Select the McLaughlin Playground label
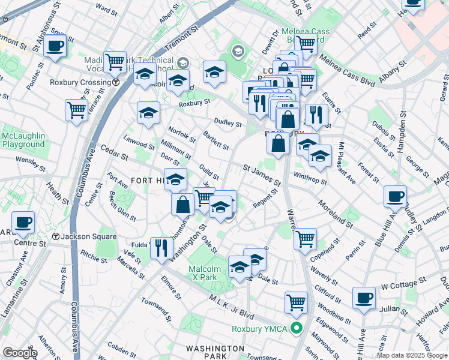(x=23, y=140)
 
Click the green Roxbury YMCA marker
(x=295, y=328)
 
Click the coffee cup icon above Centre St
(x=23, y=222)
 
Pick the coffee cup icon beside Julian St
(x=363, y=297)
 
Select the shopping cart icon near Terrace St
(x=76, y=110)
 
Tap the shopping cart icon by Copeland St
(x=305, y=238)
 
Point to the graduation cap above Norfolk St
(x=148, y=112)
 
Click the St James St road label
(x=262, y=174)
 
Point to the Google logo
(x=20, y=353)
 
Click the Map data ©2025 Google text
(x=412, y=355)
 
